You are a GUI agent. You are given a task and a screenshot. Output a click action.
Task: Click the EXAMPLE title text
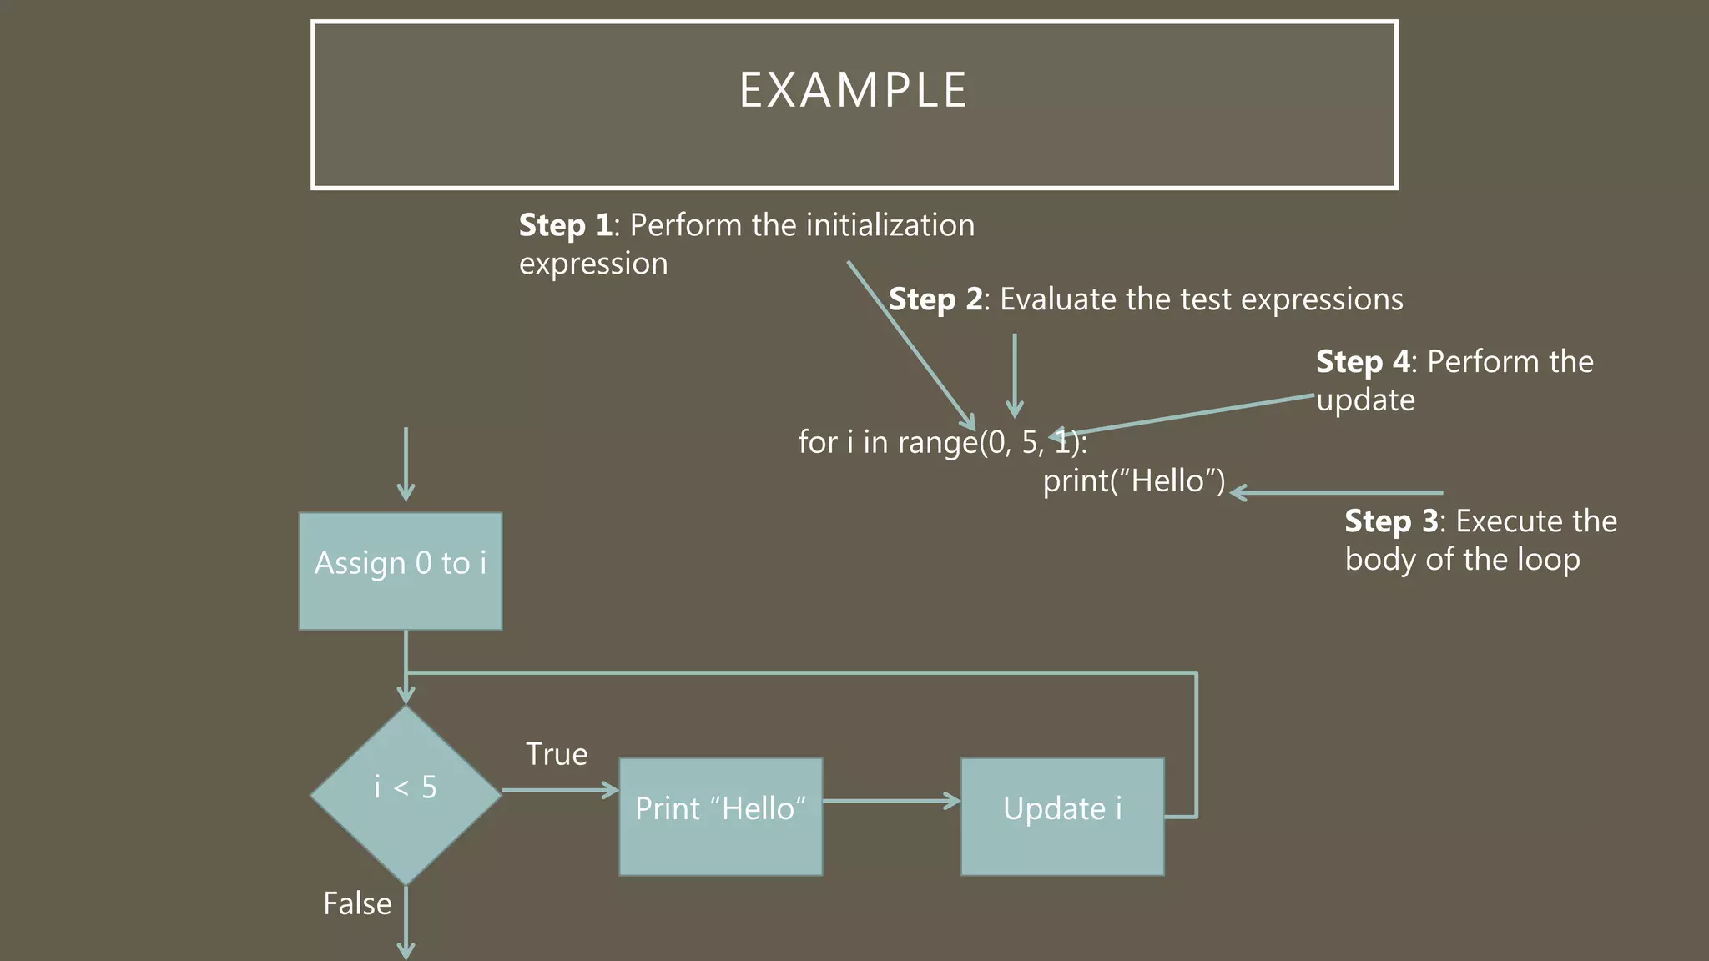pyautogui.click(x=853, y=90)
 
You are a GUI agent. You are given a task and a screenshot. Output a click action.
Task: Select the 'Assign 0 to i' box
pyautogui.click(x=401, y=571)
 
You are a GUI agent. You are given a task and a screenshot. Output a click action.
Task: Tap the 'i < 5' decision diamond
pyautogui.click(x=406, y=794)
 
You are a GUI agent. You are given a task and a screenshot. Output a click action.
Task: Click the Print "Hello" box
pyautogui.click(x=720, y=816)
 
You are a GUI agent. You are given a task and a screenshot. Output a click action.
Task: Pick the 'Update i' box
pyautogui.click(x=1062, y=816)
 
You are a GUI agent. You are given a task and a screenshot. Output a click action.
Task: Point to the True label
pyautogui.click(x=557, y=754)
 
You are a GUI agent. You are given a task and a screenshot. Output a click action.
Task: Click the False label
pyautogui.click(x=357, y=903)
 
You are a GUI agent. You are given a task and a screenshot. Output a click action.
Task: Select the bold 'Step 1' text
pyautogui.click(x=565, y=225)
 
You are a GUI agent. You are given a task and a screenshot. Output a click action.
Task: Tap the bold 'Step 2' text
pyautogui.click(x=935, y=299)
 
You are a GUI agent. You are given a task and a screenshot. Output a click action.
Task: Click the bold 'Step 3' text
pyautogui.click(x=1391, y=521)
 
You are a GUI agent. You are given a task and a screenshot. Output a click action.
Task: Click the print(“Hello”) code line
pyautogui.click(x=1134, y=480)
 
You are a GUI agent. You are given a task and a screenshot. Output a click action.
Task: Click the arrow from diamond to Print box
pyautogui.click(x=559, y=790)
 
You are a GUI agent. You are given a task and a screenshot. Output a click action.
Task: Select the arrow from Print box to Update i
pyautogui.click(x=890, y=801)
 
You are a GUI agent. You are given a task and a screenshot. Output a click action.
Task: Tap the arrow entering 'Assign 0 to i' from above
pyautogui.click(x=406, y=463)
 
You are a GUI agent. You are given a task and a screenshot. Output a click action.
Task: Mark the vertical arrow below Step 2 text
pyautogui.click(x=1015, y=375)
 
